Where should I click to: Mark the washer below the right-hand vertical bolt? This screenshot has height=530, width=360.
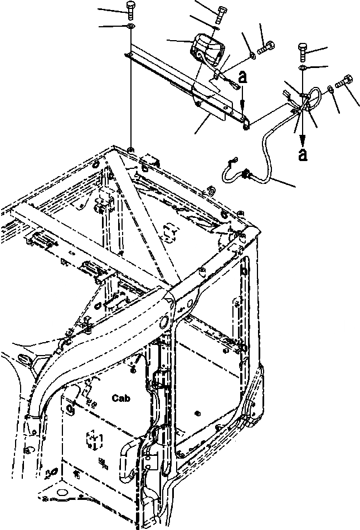[x=303, y=68]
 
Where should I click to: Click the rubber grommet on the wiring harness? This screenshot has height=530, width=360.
[x=245, y=177]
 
